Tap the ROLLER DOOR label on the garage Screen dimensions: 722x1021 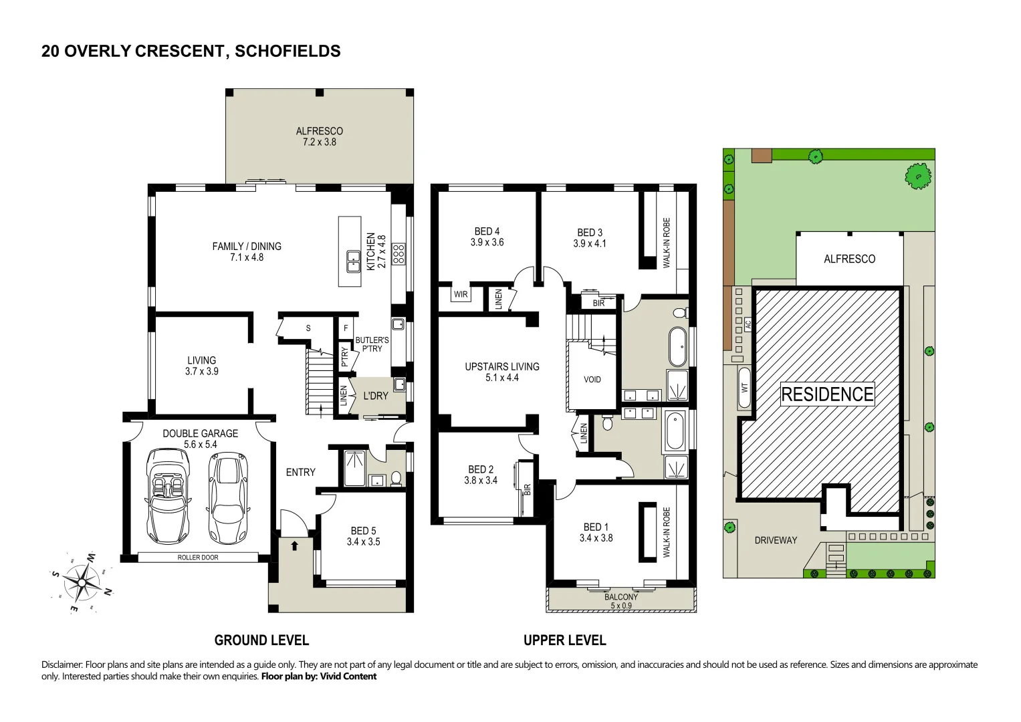point(198,558)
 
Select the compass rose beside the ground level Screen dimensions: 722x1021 point(82,582)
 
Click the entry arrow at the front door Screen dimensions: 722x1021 point(294,546)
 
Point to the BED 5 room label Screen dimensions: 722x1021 point(363,536)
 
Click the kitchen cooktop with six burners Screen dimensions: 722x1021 point(399,254)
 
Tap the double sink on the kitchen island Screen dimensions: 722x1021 point(352,261)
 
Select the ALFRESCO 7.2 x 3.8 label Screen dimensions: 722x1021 point(319,136)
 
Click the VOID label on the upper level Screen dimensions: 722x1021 point(592,380)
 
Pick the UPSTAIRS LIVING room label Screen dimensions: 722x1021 point(501,372)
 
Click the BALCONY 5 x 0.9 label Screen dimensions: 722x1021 point(620,601)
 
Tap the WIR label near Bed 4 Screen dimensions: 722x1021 point(461,294)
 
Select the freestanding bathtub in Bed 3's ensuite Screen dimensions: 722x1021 point(677,346)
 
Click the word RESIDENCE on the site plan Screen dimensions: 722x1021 point(827,394)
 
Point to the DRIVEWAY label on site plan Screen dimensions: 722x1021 point(776,540)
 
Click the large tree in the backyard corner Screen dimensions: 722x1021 point(918,176)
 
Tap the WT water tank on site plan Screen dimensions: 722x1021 point(744,388)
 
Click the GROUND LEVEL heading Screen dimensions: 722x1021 point(261,640)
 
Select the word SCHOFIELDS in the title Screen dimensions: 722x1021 point(288,51)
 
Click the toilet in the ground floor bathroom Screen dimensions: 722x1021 point(396,478)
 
